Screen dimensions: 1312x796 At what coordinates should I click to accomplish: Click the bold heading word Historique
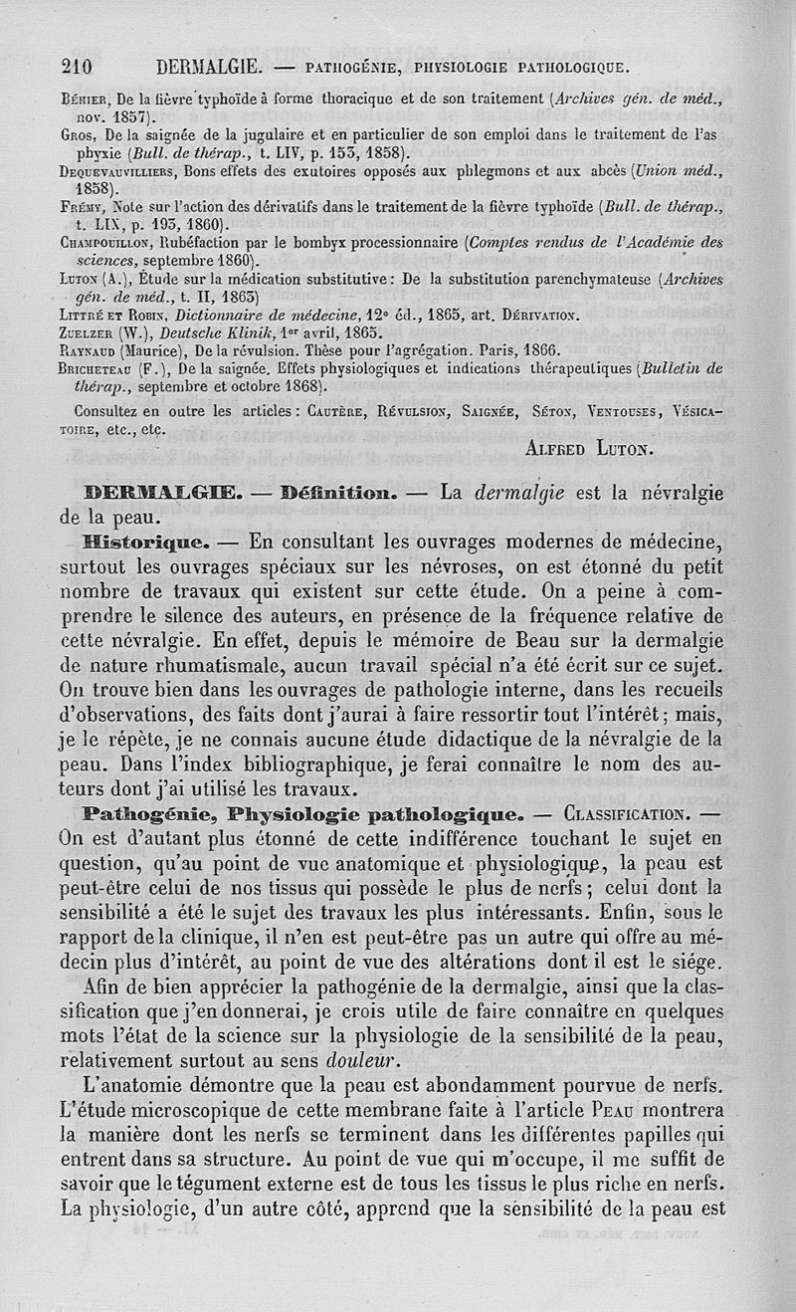[144, 543]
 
